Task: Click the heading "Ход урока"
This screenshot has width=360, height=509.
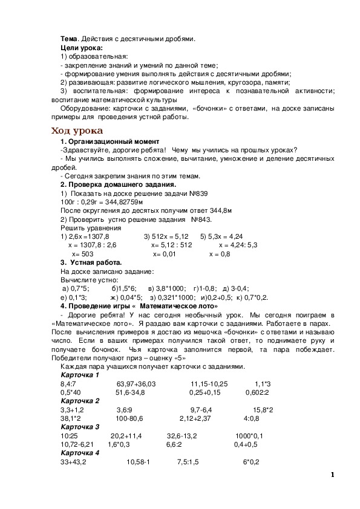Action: pos(77,131)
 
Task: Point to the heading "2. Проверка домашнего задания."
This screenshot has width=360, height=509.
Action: pos(118,184)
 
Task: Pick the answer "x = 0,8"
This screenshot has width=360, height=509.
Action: pos(220,254)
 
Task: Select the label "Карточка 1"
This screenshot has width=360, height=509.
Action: pos(80,375)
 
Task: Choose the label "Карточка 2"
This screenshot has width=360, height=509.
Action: pos(80,401)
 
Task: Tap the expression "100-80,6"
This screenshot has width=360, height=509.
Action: pos(129,418)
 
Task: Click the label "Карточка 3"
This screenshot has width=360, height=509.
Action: pos(80,427)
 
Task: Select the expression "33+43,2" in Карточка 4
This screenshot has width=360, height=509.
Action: pos(74,462)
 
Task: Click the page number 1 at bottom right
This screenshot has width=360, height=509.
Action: pos(333,475)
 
